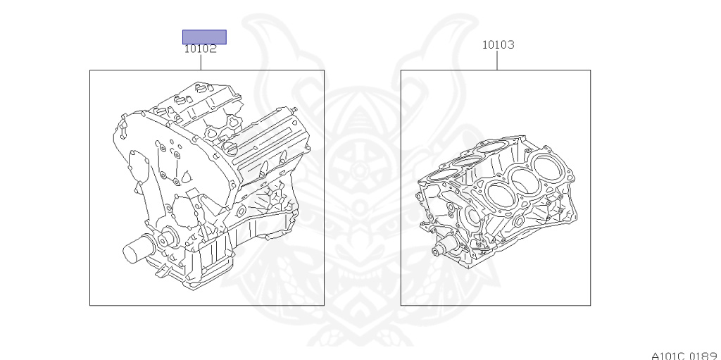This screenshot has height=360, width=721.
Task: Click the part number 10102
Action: tap(200, 49)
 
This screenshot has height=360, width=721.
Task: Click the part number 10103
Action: tap(498, 44)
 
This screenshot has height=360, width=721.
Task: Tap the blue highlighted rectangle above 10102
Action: tap(204, 37)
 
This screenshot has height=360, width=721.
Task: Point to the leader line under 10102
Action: tap(201, 62)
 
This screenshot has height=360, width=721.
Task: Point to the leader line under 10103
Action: tap(497, 61)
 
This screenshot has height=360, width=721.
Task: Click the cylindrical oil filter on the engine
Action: tap(137, 249)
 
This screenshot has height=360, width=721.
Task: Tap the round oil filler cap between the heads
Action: tap(231, 148)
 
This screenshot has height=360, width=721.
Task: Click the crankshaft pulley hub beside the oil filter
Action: tap(167, 239)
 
